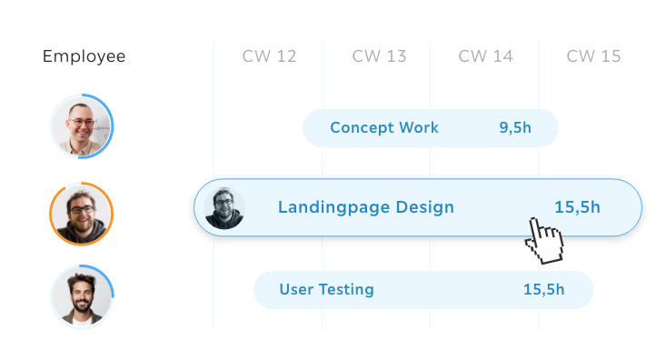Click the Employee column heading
pos(84,57)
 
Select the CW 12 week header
pos(269,57)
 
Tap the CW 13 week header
pos(379,57)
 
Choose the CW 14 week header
pos(485,57)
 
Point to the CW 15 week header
pos(593,57)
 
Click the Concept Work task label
pos(383,128)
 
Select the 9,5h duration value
pos(515,128)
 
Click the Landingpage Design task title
pos(365,207)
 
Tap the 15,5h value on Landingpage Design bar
pos(577,207)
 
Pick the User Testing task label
pos(326,290)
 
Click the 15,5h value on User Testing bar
pos(543,290)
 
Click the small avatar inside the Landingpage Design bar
pos(224,207)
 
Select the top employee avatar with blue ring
pos(82,126)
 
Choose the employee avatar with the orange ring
pos(82,214)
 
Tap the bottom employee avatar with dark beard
pos(82,296)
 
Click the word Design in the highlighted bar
pos(424,207)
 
